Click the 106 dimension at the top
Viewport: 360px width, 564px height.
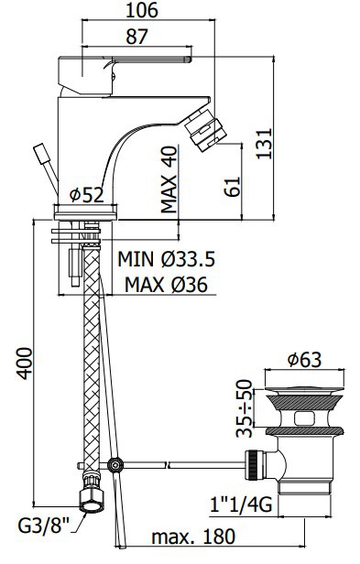pos(141,10)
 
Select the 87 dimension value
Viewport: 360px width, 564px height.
pos(136,37)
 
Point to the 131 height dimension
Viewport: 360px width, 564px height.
pos(264,143)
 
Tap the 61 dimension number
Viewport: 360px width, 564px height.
pos(234,187)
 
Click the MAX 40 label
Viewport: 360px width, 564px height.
pos(169,179)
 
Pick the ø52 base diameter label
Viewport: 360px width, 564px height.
pos(87,195)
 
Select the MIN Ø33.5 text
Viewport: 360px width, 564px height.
pos(167,258)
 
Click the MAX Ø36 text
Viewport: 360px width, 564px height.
pos(167,285)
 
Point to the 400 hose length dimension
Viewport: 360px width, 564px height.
pos(25,363)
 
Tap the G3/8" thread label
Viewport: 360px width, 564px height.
pos(43,526)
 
